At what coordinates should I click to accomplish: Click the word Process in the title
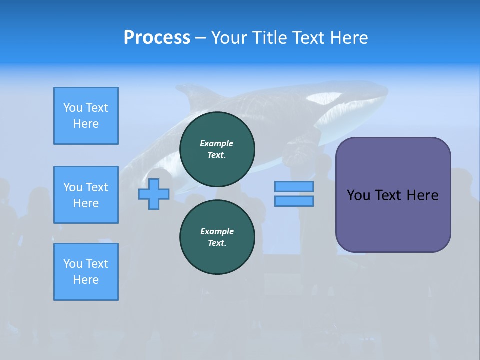click(x=157, y=38)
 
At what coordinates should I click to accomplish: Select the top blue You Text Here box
click(x=86, y=116)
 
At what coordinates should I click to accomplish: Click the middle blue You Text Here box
click(x=86, y=195)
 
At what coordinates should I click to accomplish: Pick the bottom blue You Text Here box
click(x=86, y=272)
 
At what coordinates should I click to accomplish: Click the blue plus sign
click(x=154, y=194)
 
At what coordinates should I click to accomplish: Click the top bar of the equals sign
click(x=294, y=186)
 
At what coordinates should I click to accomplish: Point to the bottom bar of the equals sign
click(x=294, y=201)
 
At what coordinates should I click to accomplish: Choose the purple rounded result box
click(x=393, y=220)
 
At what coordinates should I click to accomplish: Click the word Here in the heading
click(x=349, y=38)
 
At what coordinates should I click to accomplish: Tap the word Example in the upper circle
click(x=216, y=143)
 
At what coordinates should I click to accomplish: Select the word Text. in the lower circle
click(x=217, y=243)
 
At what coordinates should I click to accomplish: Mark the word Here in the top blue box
click(x=86, y=124)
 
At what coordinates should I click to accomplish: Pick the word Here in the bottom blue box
click(x=86, y=280)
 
